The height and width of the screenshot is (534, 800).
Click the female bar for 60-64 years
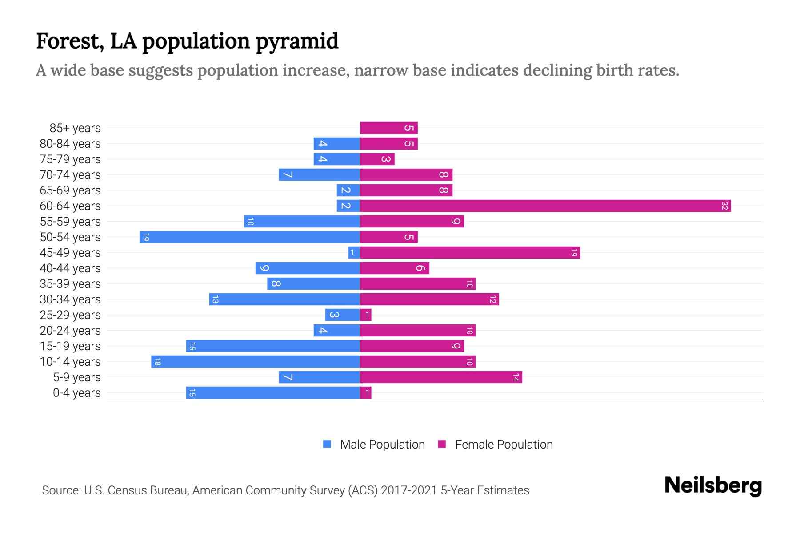point(545,206)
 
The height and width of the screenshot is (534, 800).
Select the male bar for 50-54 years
point(249,237)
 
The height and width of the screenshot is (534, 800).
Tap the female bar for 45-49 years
point(470,253)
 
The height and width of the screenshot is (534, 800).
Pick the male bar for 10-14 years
point(255,362)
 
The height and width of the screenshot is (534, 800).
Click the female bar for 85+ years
point(388,128)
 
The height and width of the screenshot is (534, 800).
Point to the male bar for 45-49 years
point(354,253)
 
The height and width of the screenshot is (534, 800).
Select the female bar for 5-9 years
point(441,377)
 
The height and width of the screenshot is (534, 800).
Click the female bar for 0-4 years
point(365,393)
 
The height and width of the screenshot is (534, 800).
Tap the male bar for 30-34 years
point(284,299)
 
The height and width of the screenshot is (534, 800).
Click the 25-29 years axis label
point(70,315)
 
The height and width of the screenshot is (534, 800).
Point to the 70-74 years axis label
point(70,175)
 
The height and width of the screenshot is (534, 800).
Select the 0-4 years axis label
point(76,393)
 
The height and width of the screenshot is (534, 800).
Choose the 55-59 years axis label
point(70,222)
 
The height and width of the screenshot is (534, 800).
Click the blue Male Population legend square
point(327,444)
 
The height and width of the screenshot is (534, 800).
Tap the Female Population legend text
point(504,445)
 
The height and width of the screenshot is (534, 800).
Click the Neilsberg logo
point(713,485)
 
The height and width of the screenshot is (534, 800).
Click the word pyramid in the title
point(297,41)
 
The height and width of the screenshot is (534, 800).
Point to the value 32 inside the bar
point(724,206)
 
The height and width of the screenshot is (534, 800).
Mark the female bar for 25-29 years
point(365,315)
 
